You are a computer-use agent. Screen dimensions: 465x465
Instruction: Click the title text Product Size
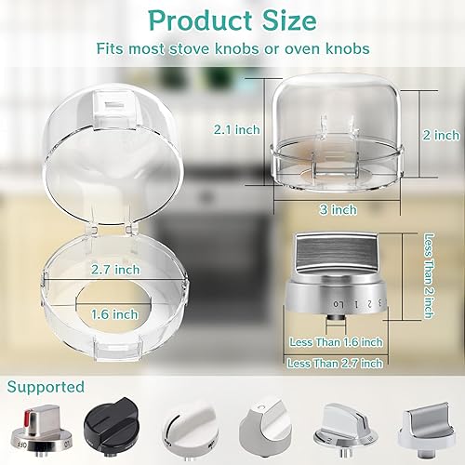coord(232,20)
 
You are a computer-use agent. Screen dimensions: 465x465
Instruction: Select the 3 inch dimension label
coord(342,209)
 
